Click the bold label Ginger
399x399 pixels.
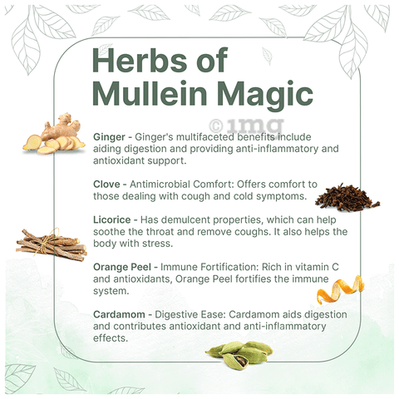pyautogui.click(x=109, y=137)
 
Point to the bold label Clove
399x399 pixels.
pyautogui.click(x=106, y=185)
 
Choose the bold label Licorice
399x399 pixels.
pyautogui.click(x=112, y=219)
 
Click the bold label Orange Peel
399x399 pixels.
pyautogui.click(x=122, y=268)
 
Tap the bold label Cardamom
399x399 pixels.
pyautogui.click(x=119, y=314)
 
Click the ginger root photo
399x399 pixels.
pyautogui.click(x=54, y=134)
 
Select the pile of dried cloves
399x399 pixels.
pyautogui.click(x=347, y=198)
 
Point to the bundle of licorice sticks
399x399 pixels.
pyautogui.click(x=52, y=244)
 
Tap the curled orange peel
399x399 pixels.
pyautogui.click(x=340, y=289)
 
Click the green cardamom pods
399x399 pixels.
pyautogui.click(x=239, y=355)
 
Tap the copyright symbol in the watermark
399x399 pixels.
pyautogui.click(x=216, y=126)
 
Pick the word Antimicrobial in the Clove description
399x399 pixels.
pyautogui.click(x=160, y=185)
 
